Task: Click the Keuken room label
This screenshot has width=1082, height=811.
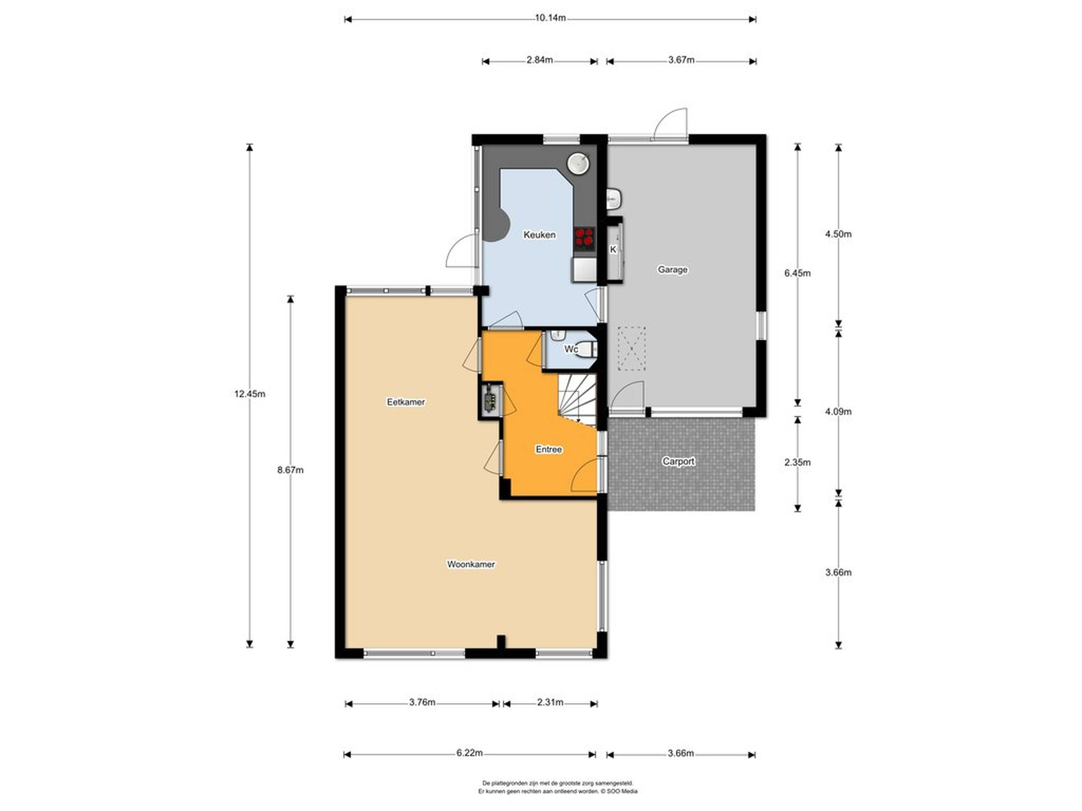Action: click(540, 235)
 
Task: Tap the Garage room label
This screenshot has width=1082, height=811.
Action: click(673, 269)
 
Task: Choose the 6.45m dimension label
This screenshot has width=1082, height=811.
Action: click(797, 273)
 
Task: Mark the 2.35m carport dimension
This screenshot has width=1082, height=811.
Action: click(797, 462)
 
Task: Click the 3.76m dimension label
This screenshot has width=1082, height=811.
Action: click(422, 703)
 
